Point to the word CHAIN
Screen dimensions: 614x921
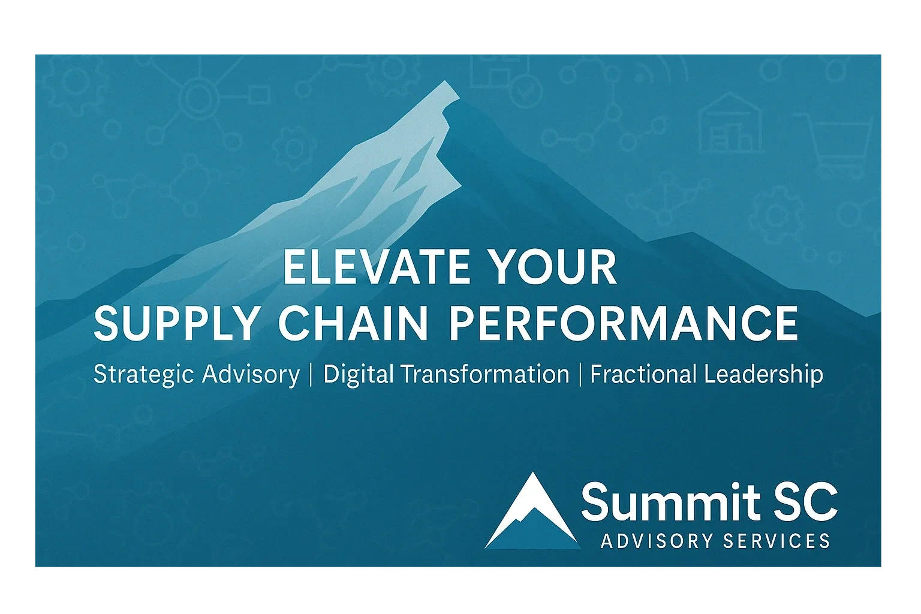(x=353, y=324)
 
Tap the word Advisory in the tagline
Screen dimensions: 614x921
(x=251, y=375)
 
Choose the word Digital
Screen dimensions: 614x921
(x=358, y=375)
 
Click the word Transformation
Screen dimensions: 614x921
(x=484, y=375)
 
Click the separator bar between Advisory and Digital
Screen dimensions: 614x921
(x=311, y=375)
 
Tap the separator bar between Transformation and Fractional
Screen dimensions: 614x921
(x=580, y=375)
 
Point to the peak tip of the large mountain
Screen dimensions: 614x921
(x=447, y=84)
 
